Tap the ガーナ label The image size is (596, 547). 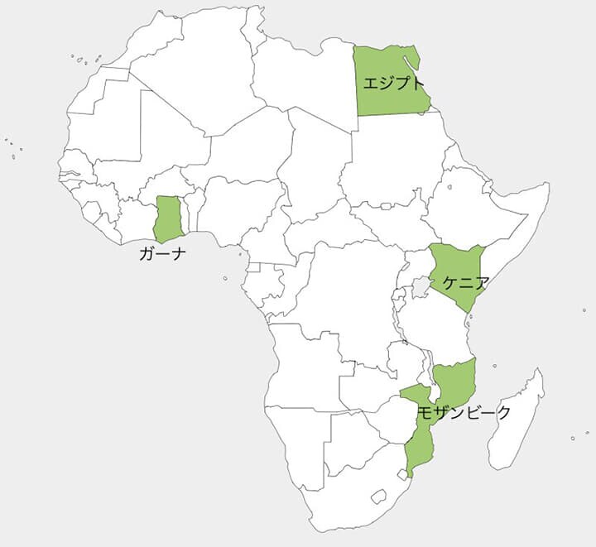tap(162, 254)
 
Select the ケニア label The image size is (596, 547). tap(465, 282)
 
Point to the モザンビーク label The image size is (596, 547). tap(464, 412)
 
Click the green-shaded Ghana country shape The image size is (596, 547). tap(169, 218)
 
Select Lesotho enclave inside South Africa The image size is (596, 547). tap(379, 497)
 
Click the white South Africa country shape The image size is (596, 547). tap(348, 488)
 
